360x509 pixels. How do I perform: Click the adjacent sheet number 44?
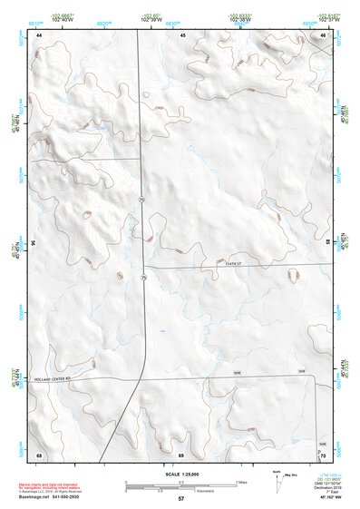[x=39, y=34]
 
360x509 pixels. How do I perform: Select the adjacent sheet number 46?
[x=323, y=34]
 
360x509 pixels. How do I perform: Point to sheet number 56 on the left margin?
[x=33, y=243]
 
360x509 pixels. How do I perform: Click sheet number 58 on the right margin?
[x=328, y=243]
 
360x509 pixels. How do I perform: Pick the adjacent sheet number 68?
[x=39, y=454]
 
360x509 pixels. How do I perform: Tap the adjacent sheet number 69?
[x=181, y=454]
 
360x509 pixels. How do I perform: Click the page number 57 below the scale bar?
[x=181, y=499]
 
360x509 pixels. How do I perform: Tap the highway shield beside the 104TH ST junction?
[x=143, y=277]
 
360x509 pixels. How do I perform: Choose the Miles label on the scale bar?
[x=241, y=481]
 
